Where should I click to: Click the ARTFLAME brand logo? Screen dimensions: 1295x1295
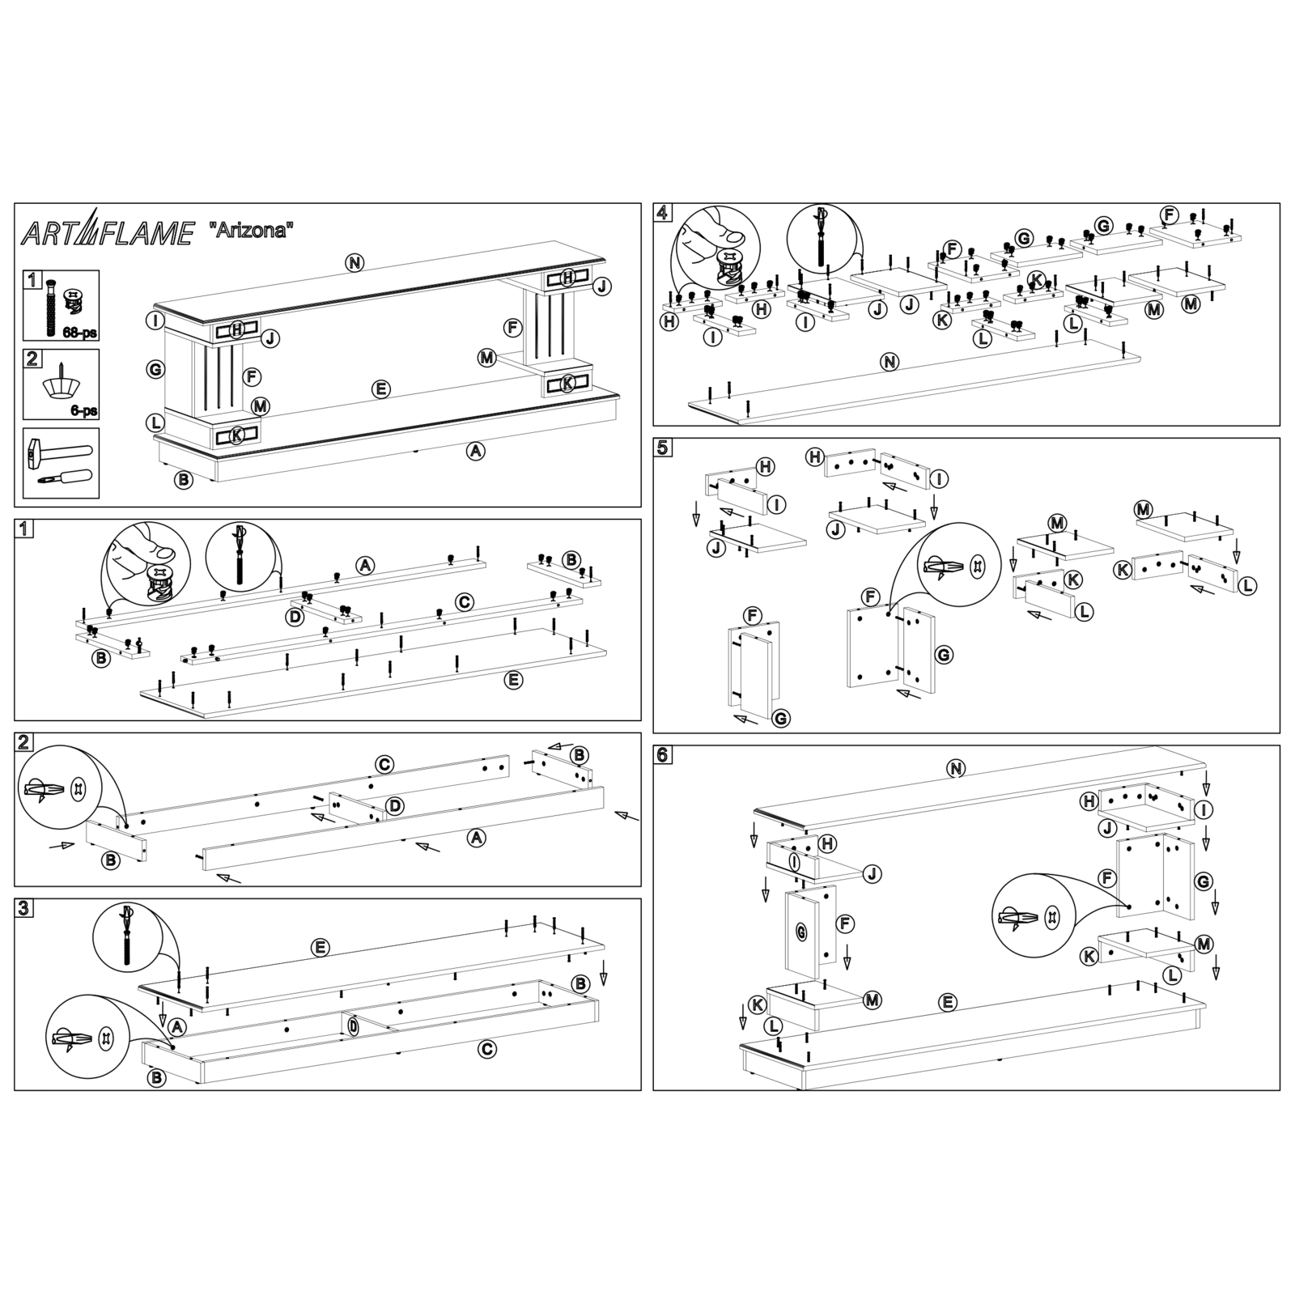[107, 232]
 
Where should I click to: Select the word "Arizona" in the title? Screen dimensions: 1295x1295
[251, 230]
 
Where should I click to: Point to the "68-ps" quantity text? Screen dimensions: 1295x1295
[80, 332]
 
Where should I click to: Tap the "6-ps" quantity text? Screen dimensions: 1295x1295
[83, 411]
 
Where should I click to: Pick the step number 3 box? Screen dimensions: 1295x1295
[24, 908]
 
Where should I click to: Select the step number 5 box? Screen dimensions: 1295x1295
[663, 448]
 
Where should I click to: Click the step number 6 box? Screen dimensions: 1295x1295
[663, 754]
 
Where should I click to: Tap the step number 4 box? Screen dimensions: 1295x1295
[663, 213]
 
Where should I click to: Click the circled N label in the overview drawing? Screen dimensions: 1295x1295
[355, 262]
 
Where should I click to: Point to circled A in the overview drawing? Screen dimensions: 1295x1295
[475, 451]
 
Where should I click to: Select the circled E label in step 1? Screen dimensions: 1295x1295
[513, 680]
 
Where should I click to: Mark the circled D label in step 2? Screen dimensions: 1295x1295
[394, 806]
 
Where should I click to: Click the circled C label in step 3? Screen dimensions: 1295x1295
[486, 1049]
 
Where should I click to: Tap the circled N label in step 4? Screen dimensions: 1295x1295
[890, 362]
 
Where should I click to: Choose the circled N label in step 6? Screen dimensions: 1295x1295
[956, 769]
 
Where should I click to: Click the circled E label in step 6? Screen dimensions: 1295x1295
[948, 1003]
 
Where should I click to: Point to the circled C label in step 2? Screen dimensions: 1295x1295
[384, 764]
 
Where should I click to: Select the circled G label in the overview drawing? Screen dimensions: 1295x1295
[155, 370]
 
